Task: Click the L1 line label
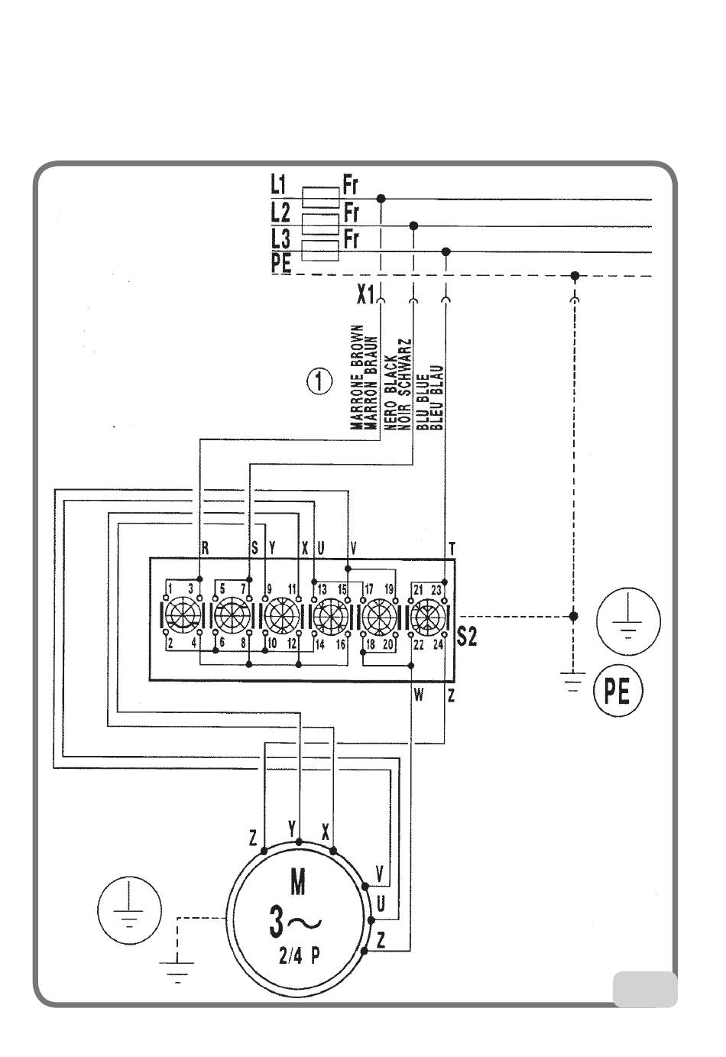click(280, 185)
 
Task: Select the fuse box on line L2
click(320, 223)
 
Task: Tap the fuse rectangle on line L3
click(320, 250)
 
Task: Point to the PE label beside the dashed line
click(281, 264)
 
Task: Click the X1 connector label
click(365, 295)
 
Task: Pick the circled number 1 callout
click(319, 381)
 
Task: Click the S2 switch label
click(467, 636)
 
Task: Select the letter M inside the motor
click(298, 884)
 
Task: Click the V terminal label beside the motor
click(381, 873)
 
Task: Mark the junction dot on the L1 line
click(381, 199)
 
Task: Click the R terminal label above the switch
click(204, 548)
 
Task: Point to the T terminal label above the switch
click(452, 548)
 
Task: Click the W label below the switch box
click(419, 695)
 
